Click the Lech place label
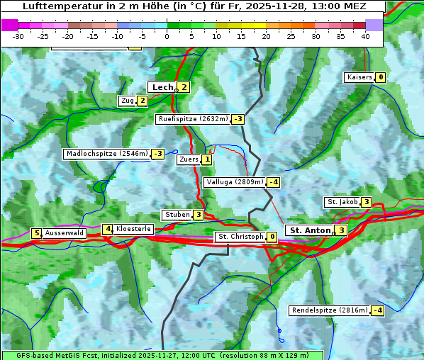coord(162,87)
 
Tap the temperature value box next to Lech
coord(184,87)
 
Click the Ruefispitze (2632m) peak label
coord(193,119)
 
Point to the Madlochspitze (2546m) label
coord(106,154)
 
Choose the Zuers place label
coord(188,159)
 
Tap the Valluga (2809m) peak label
coord(235,182)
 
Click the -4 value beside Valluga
coord(274,182)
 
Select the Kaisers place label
coord(359,77)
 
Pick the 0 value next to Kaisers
coord(381,77)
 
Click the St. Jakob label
coord(342,202)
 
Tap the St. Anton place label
coord(310,230)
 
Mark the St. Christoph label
coord(240,237)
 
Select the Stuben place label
coord(177,215)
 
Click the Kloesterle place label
coord(133,229)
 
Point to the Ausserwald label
coord(65,233)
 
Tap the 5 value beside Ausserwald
coord(36,233)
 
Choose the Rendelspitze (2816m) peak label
coord(330,310)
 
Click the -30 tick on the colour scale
coord(18,36)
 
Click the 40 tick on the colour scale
coord(365,36)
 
